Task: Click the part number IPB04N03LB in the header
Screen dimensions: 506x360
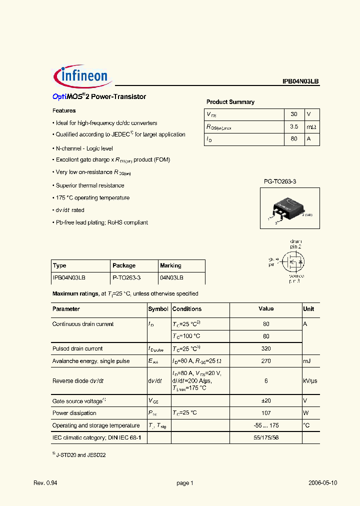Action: [x=300, y=81]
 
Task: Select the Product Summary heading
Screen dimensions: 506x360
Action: [x=230, y=102]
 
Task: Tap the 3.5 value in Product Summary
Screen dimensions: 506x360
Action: [x=294, y=127]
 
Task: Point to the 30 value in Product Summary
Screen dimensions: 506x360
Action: [x=294, y=114]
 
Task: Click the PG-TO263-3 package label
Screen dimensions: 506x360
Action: [x=280, y=181]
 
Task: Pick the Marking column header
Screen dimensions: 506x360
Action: [x=170, y=265]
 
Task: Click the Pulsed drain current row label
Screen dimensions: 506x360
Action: [x=77, y=348]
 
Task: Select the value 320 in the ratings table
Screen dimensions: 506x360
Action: [x=266, y=348]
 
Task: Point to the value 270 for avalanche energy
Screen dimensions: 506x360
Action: [x=266, y=361]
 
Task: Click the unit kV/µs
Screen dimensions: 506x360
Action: [x=310, y=381]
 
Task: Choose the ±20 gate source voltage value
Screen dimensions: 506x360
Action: [x=266, y=401]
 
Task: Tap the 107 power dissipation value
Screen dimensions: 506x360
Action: [x=266, y=413]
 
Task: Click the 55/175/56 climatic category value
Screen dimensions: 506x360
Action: [x=266, y=437]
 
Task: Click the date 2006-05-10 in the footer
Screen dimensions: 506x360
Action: [x=322, y=483]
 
